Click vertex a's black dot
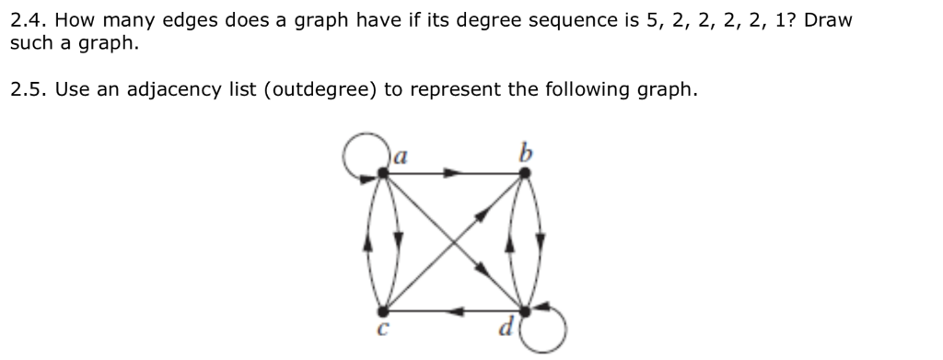click(x=384, y=172)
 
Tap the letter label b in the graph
click(x=525, y=152)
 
